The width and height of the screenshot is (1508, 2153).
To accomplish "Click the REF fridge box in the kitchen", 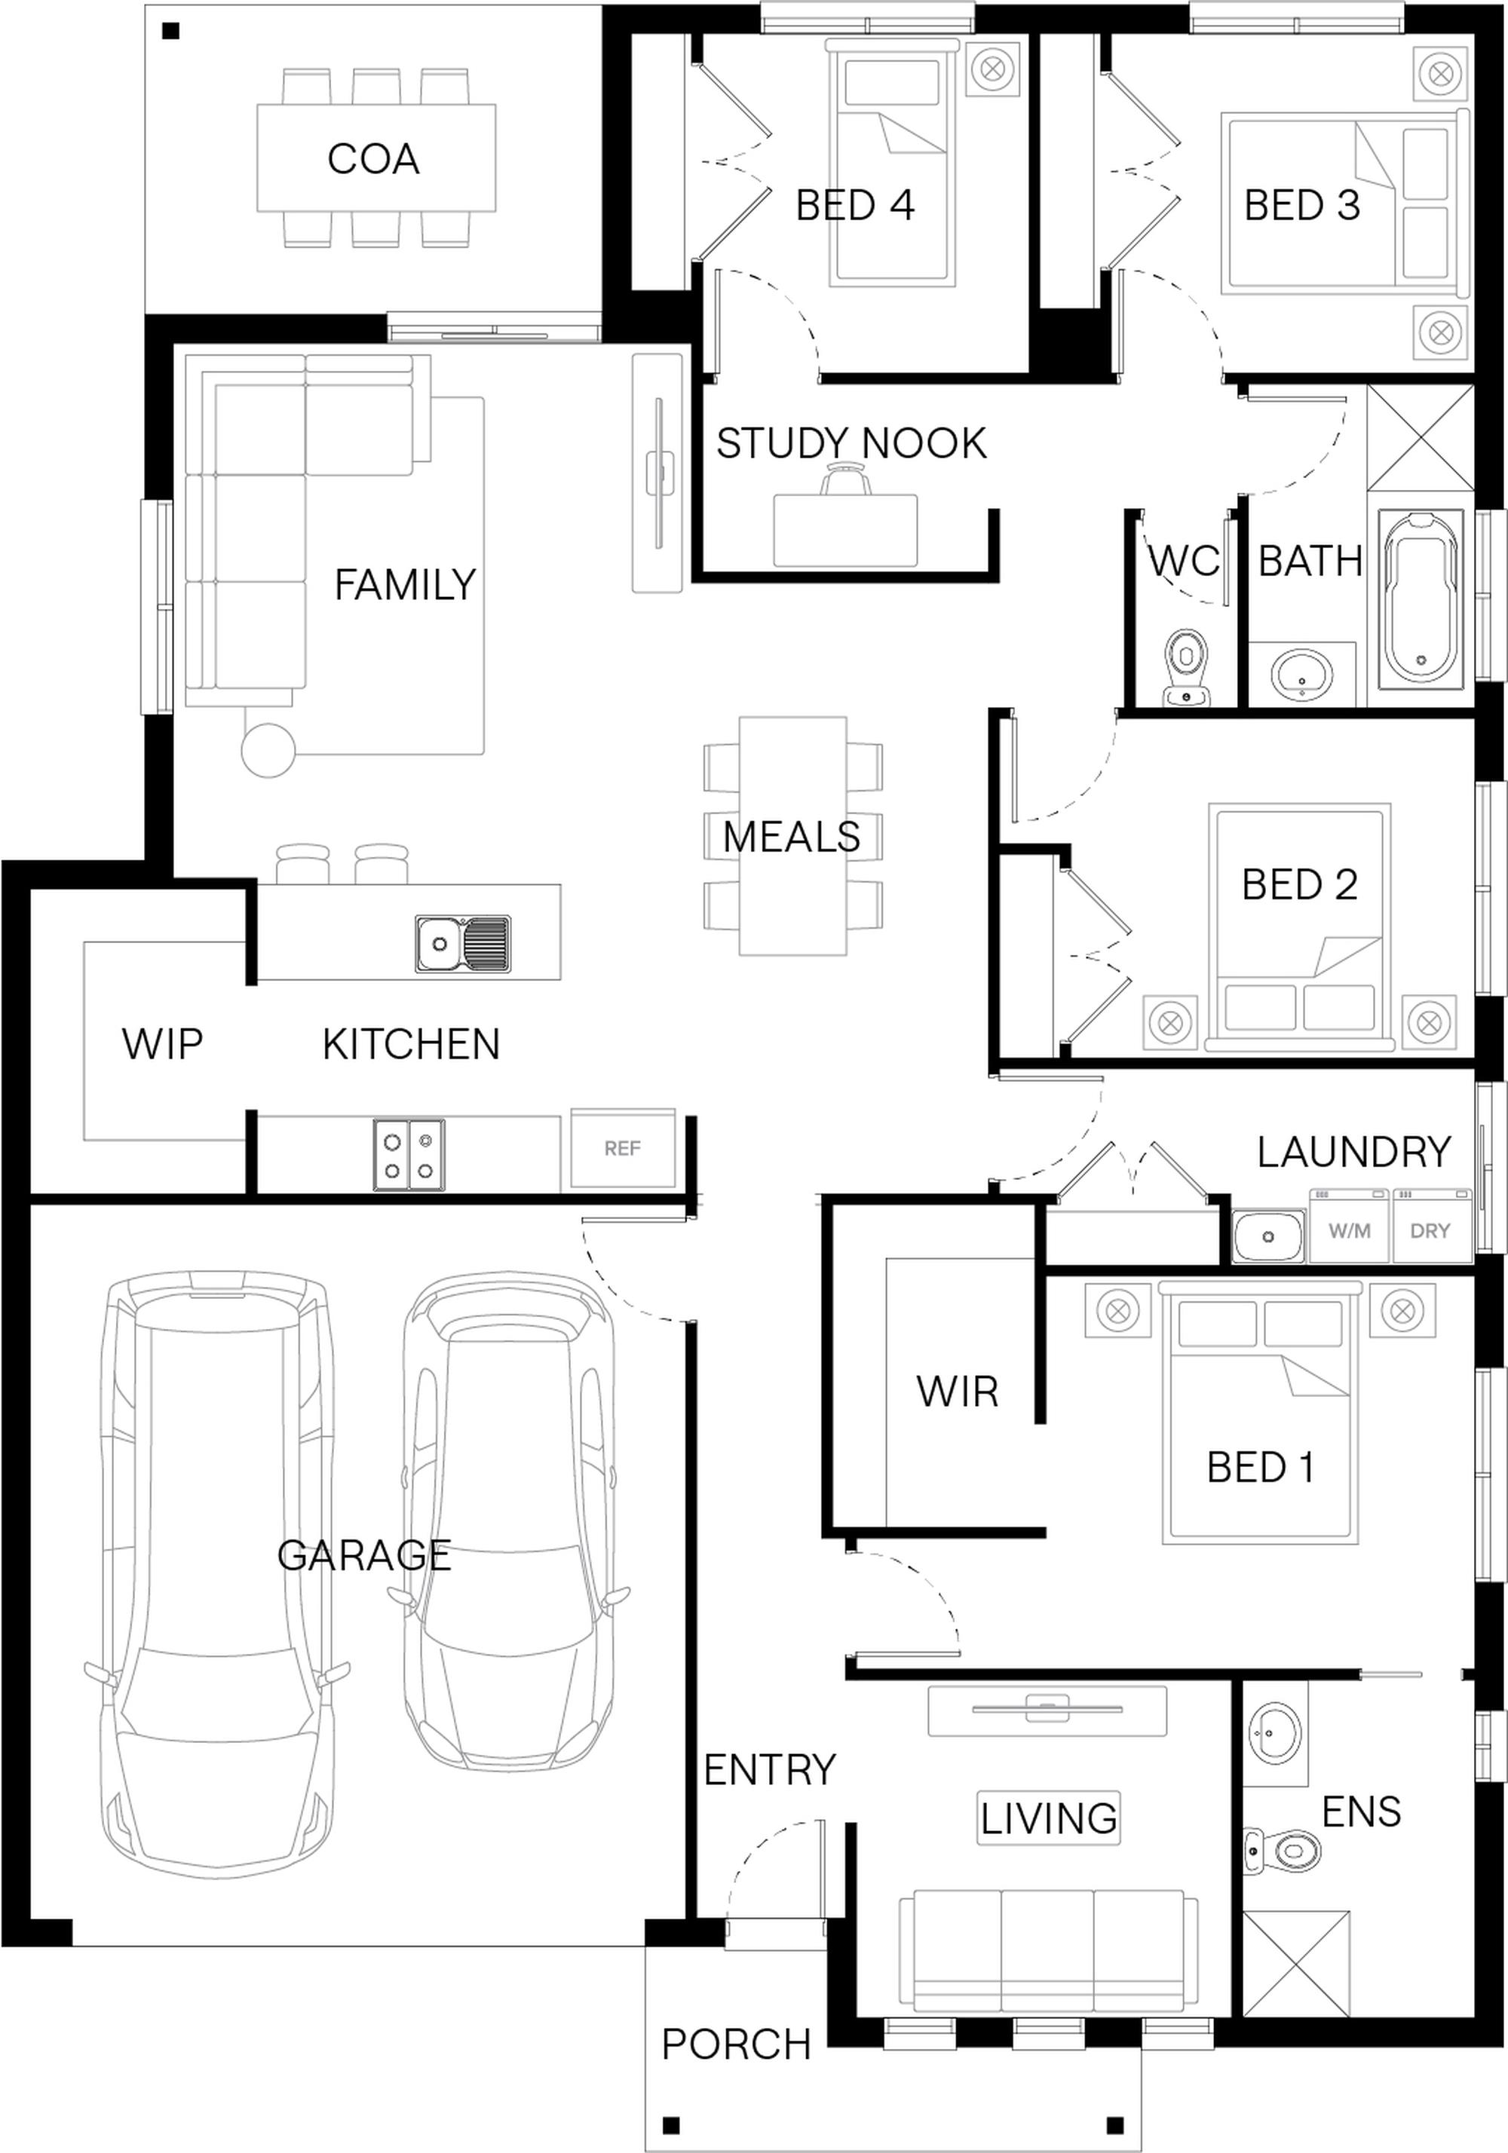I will click(622, 1149).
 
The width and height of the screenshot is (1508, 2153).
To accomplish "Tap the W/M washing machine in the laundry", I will click(1349, 1227).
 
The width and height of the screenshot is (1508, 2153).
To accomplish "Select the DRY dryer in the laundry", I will click(1430, 1227).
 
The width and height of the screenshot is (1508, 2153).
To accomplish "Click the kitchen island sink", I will click(463, 942).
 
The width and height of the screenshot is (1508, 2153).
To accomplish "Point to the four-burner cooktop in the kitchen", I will click(409, 1155).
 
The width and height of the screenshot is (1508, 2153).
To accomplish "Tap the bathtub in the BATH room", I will click(1421, 597).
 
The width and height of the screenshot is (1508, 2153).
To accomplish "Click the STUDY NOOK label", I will click(851, 443).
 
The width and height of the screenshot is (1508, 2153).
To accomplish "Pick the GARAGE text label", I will click(364, 1556).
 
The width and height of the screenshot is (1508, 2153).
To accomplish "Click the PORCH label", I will click(736, 2044).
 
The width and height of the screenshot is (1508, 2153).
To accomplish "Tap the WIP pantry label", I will click(162, 1043).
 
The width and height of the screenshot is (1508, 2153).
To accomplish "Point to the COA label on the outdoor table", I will click(373, 159).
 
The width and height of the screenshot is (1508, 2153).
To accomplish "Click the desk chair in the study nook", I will click(845, 481).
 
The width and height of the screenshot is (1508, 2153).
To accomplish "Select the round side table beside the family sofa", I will click(269, 750).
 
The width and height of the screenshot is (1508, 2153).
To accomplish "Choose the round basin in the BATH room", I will click(1301, 673).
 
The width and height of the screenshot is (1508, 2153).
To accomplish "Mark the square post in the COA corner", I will click(170, 32).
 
